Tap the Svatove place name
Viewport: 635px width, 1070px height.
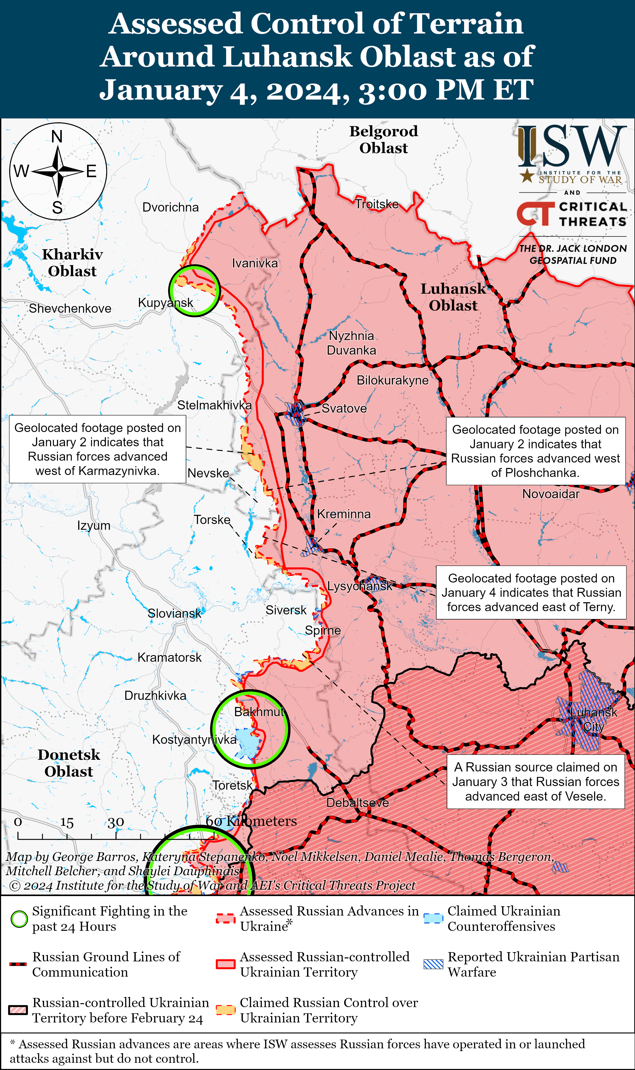coord(344,408)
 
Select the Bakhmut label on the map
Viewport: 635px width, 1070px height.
coord(259,712)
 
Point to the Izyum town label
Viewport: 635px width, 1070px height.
coord(94,525)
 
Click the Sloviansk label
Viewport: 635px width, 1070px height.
coord(174,613)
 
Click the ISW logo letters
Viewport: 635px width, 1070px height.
coord(571,147)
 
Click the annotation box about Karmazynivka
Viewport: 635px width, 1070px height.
coord(98,449)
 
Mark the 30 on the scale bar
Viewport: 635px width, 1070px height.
coord(116,822)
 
